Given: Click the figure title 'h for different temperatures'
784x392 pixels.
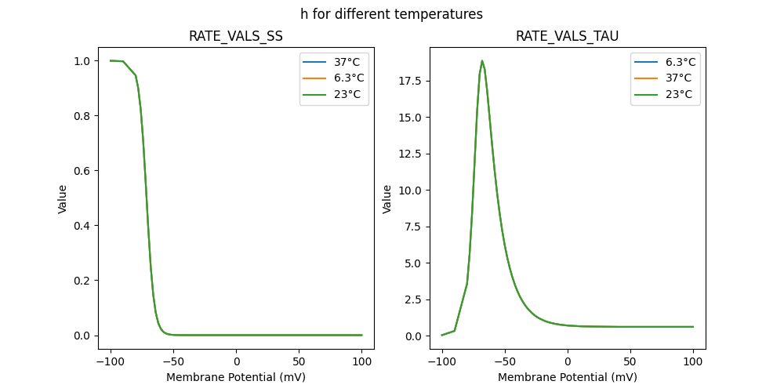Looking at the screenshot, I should click(x=391, y=14).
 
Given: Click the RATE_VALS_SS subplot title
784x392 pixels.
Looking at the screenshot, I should click(x=236, y=37).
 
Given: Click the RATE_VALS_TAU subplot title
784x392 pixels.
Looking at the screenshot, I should click(x=567, y=37).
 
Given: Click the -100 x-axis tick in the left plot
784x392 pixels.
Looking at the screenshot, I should click(x=111, y=361).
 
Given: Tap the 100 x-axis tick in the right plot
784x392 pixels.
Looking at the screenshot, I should click(x=693, y=361).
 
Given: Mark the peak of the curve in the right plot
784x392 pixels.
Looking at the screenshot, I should click(x=482, y=61).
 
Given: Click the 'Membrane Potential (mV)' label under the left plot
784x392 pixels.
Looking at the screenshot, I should click(x=236, y=377).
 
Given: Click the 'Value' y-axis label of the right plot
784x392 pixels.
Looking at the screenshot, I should click(x=387, y=199).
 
